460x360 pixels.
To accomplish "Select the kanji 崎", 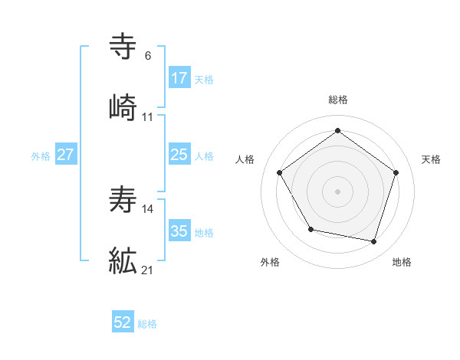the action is coord(123,108).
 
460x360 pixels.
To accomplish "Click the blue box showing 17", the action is coord(179,77).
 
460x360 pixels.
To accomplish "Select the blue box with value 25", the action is coord(179,155).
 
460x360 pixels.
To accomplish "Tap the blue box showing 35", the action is coord(179,231).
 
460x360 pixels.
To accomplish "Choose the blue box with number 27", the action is coord(66,155).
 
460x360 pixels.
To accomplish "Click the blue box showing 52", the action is coord(123,322).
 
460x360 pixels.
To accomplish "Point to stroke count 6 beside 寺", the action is coord(148,56).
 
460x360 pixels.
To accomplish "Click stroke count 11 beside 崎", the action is coord(148,117).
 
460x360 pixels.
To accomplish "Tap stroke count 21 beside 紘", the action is coord(149,270).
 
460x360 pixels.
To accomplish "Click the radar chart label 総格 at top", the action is coord(337,100).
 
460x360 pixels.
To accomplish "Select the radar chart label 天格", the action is coord(431,159).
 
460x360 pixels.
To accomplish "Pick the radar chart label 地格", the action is coord(402,262).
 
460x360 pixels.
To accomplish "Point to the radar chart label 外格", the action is coord(270,262).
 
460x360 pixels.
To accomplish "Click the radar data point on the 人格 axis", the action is coord(280,172).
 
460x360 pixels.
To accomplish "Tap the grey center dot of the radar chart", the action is coord(337,191).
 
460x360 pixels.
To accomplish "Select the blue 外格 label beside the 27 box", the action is coord(41,155).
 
